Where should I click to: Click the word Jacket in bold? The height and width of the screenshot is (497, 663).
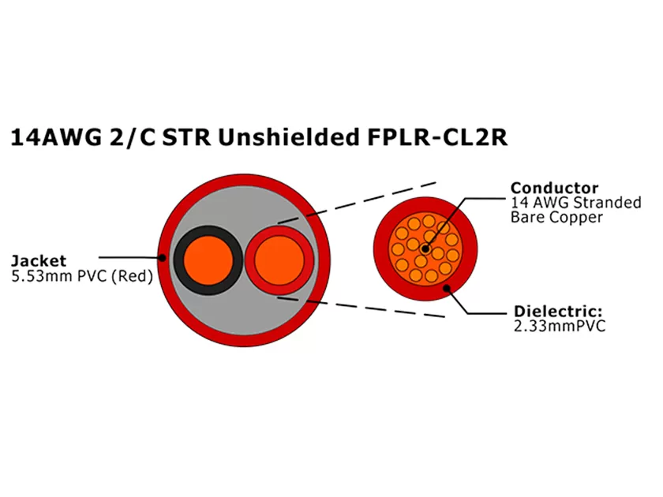click(x=38, y=260)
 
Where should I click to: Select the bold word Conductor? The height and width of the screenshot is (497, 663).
click(x=554, y=188)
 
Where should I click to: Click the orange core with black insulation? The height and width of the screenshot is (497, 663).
click(x=208, y=260)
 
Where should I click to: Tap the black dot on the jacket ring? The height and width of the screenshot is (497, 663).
click(x=163, y=257)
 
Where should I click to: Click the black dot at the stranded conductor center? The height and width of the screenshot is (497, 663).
click(x=425, y=249)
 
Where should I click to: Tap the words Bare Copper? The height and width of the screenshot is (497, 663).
click(x=556, y=217)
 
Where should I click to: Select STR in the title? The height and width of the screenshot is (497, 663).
click(x=186, y=138)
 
